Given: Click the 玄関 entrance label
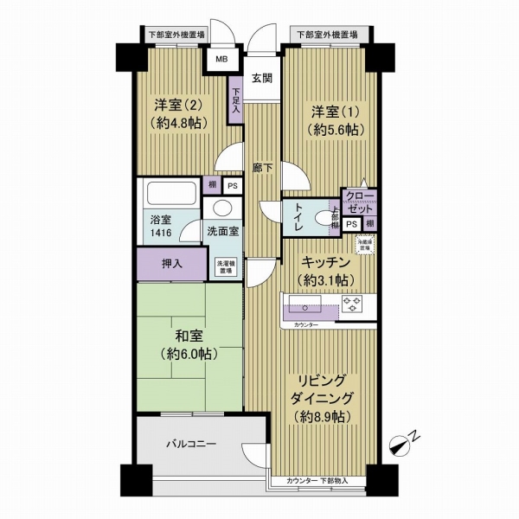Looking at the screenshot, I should [262, 79].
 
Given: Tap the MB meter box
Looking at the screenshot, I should [221, 61].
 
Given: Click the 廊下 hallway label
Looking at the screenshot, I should [263, 168].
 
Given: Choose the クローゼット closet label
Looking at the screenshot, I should [357, 202].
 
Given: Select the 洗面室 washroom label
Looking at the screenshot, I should [223, 232].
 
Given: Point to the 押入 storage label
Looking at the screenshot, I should [171, 265].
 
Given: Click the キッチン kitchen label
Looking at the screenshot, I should [325, 271].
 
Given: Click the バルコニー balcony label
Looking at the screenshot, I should [192, 445].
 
